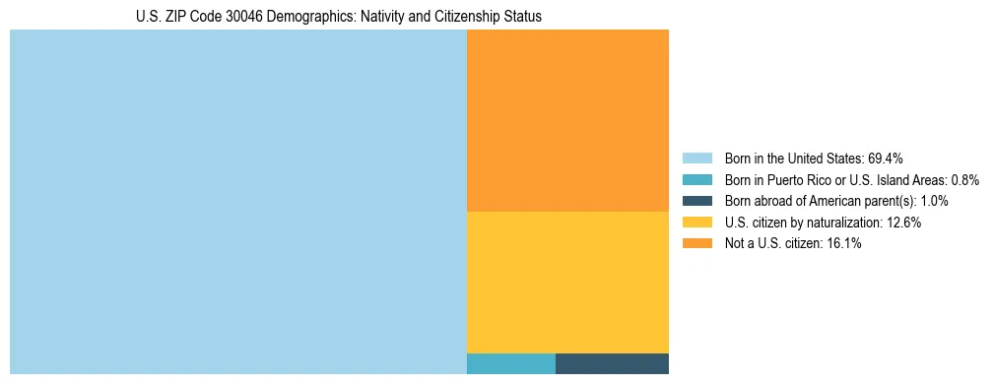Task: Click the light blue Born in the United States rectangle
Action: [x=237, y=202]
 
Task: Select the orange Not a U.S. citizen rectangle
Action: [x=567, y=120]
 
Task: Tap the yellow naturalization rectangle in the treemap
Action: [x=567, y=282]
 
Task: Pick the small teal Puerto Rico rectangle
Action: [x=510, y=363]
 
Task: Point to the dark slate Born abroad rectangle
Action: [x=612, y=363]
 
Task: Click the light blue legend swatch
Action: [x=696, y=159]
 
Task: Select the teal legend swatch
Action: [x=696, y=179]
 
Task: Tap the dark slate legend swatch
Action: [x=696, y=201]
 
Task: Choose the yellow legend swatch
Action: [x=696, y=223]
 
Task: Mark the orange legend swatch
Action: [x=696, y=243]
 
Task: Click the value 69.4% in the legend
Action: [x=886, y=159]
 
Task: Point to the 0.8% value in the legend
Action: [x=965, y=180]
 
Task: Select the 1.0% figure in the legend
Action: [x=931, y=201]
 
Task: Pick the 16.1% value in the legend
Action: [x=843, y=244]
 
